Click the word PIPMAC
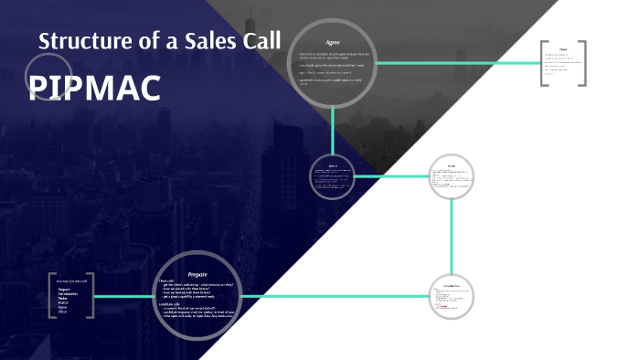point(95,88)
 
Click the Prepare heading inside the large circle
point(197,273)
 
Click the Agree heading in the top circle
point(333,43)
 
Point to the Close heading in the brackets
point(563,49)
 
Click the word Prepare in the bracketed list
point(64,289)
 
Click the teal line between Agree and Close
point(457,63)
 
